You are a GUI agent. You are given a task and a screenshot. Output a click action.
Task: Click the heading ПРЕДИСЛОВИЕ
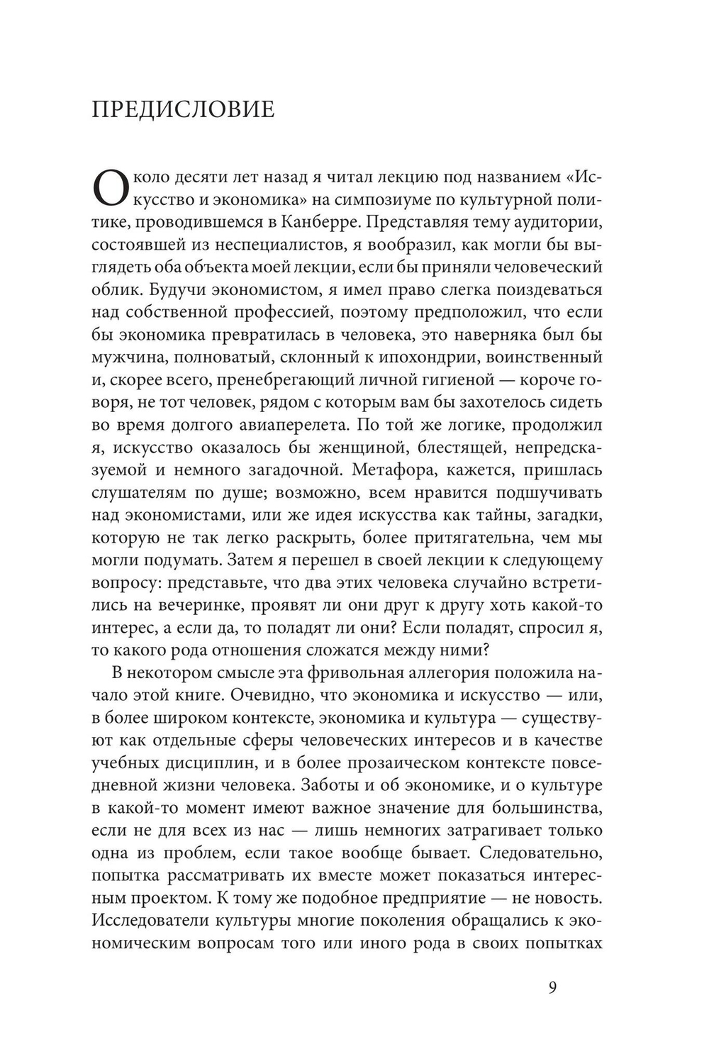coord(183,110)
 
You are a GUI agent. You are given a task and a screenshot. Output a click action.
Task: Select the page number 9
coord(553,987)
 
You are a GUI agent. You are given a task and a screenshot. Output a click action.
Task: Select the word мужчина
coord(133,356)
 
